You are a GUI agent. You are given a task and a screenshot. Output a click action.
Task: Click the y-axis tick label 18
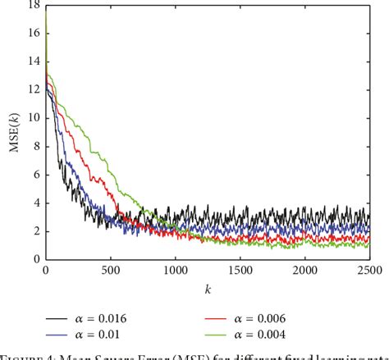pyautogui.click(x=34, y=5)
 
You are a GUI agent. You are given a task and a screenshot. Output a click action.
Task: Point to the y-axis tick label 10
pyautogui.click(x=34, y=117)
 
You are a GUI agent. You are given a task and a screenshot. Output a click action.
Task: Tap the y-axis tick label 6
pyautogui.click(x=36, y=174)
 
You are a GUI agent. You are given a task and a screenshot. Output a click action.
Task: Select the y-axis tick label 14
pyautogui.click(x=34, y=62)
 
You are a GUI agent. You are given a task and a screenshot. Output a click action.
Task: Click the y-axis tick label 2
pyautogui.click(x=36, y=230)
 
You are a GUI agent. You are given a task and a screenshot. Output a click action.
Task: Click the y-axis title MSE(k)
pyautogui.click(x=14, y=131)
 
